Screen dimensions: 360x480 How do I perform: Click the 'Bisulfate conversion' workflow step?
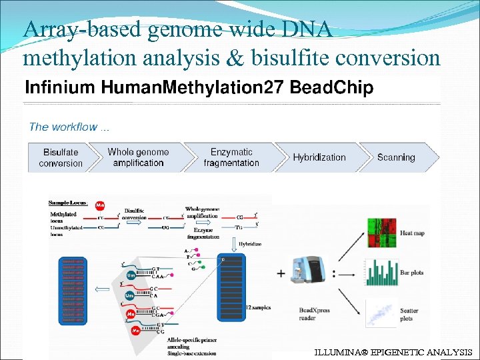click(61, 157)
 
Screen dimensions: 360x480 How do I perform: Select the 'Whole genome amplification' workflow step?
click(138, 157)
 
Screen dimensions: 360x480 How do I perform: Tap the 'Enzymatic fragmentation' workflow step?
click(231, 157)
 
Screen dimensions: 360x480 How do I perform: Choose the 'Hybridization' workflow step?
click(319, 157)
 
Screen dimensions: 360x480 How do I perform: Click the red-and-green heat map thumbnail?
click(381, 233)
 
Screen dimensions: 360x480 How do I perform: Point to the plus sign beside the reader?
click(281, 273)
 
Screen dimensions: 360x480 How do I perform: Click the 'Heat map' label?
click(412, 233)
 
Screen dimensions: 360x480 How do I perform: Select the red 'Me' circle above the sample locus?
click(100, 205)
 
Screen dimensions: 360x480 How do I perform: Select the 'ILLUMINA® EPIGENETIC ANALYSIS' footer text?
click(393, 351)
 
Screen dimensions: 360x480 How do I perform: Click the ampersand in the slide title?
click(235, 59)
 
